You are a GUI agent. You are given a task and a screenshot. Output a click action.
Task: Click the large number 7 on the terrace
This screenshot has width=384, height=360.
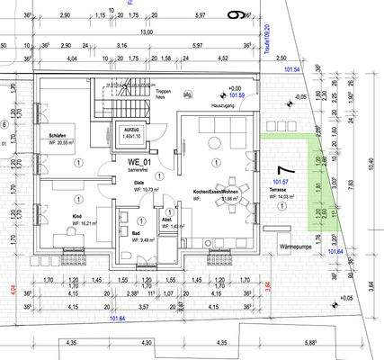pyautogui.click(x=286, y=169)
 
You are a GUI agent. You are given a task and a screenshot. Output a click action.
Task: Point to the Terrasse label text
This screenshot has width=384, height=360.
pyautogui.click(x=278, y=192)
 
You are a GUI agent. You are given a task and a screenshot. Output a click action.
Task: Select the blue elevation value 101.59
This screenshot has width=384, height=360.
pyautogui.click(x=237, y=94)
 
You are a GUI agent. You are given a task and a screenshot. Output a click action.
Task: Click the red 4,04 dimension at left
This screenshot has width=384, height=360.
pyautogui.click(x=13, y=290)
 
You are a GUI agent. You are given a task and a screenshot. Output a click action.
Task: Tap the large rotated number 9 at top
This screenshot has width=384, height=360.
pyautogui.click(x=237, y=15)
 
